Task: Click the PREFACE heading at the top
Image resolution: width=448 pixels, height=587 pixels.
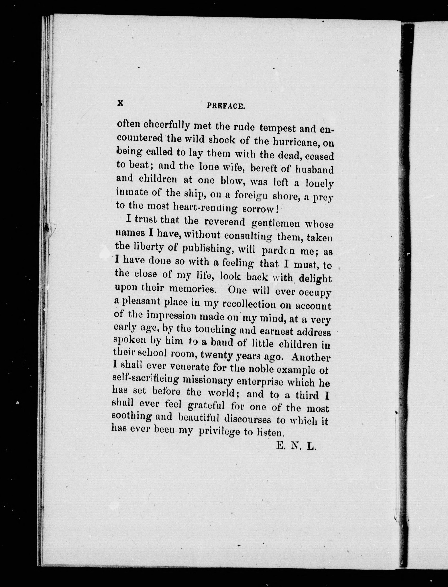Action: pyautogui.click(x=226, y=106)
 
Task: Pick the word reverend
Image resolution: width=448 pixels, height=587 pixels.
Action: pyautogui.click(x=225, y=222)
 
